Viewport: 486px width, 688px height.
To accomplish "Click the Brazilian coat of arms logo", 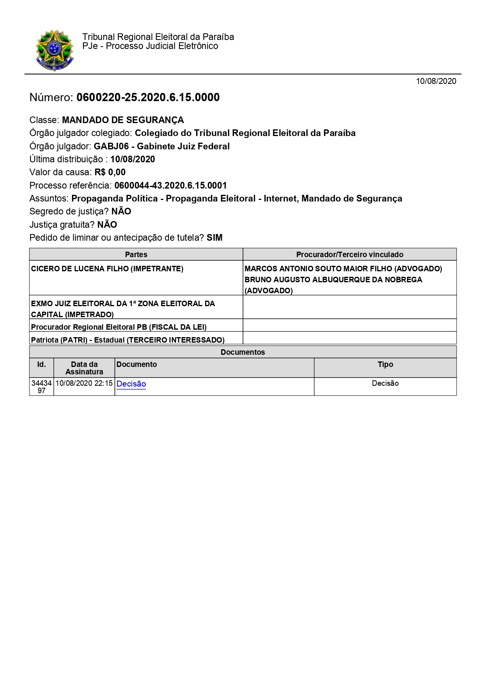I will pos(54,50).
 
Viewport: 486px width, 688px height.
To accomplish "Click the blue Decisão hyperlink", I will pos(131,384).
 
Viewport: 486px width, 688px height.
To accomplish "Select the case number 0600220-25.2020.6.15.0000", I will pos(148,97).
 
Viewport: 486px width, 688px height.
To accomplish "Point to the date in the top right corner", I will pos(436,81).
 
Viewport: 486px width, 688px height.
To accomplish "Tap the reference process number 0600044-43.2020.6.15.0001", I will pos(170,185).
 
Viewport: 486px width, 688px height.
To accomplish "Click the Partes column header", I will pos(136,254).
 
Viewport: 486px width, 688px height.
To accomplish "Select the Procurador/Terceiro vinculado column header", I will pos(350,254).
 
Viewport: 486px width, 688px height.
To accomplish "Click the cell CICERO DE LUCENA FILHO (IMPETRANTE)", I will pos(107,269).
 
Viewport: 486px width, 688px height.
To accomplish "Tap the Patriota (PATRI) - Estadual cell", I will pos(128,340).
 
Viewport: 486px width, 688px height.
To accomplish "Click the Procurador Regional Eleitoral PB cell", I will pos(119,327).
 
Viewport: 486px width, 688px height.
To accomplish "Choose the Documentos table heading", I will pos(243,352).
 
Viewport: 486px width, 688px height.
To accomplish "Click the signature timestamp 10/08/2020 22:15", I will pos(84,383).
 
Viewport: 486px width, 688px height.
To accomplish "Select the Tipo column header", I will pos(385,365).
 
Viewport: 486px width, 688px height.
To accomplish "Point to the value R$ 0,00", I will pos(110,172).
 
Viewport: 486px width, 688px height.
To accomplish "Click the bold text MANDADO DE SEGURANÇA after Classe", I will pos(123,120).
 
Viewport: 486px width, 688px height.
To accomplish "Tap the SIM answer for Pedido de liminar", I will pos(214,238).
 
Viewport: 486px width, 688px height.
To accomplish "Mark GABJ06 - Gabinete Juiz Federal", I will pos(161,146).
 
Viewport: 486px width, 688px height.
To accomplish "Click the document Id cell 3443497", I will pos(42,387).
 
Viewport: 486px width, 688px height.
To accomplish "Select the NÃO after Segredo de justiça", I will pos(121,211).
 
